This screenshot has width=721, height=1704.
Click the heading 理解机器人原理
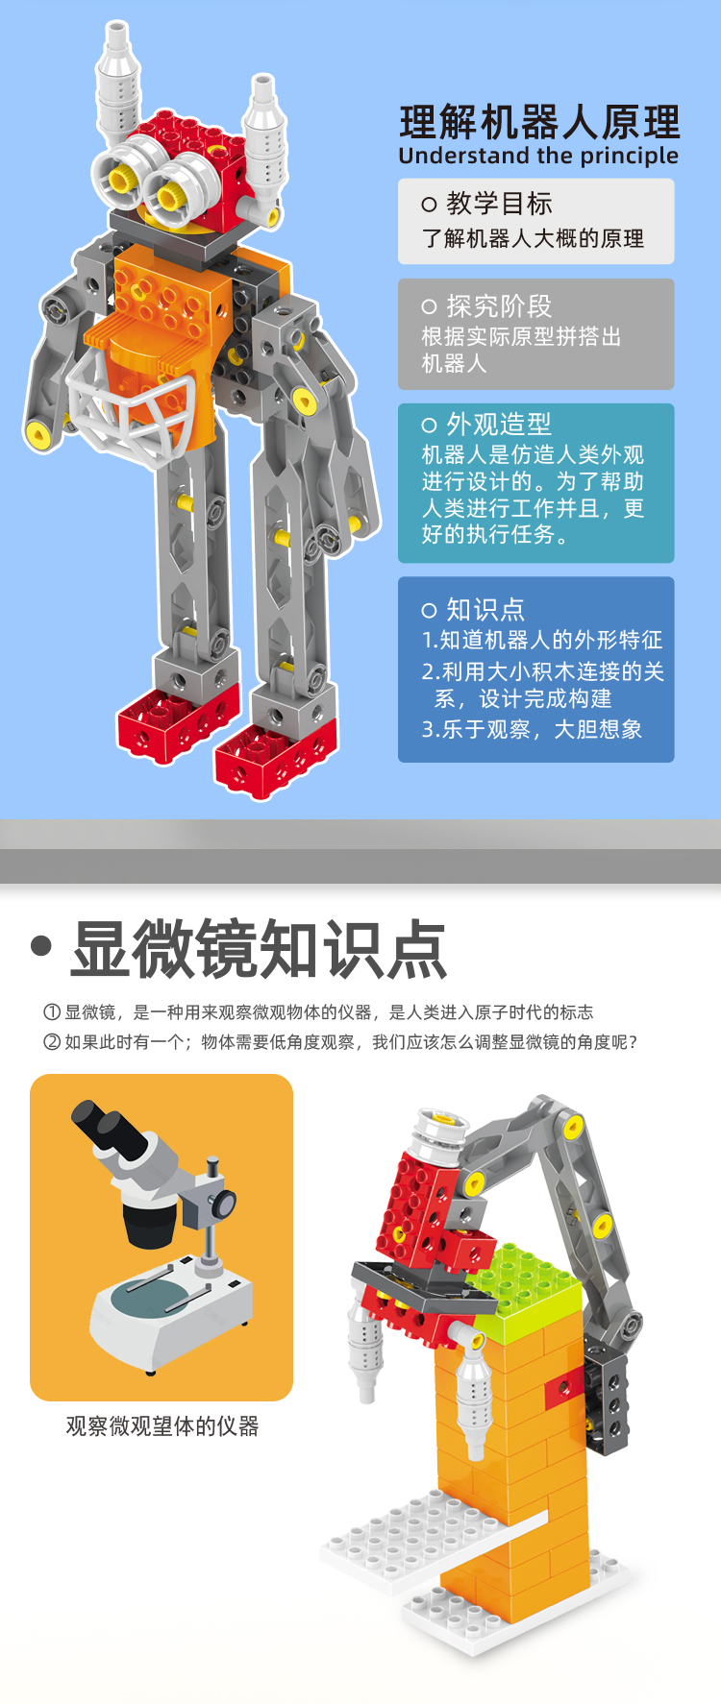(x=539, y=123)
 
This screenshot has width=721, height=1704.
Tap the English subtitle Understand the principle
(x=538, y=156)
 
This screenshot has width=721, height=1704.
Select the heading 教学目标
(x=499, y=204)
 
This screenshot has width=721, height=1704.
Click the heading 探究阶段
(x=499, y=306)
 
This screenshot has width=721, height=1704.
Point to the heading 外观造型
(x=499, y=424)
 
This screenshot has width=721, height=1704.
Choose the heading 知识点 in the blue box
(x=485, y=610)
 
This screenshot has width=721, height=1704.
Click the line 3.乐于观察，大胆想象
(x=532, y=730)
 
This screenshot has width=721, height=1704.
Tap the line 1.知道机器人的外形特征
(x=542, y=640)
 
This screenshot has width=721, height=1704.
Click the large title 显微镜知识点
(x=259, y=949)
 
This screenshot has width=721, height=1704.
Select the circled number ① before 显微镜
(x=52, y=1012)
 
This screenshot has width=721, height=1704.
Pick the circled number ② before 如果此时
(x=52, y=1042)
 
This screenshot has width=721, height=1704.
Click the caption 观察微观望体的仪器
(x=162, y=1426)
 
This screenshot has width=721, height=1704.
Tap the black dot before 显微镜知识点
(x=40, y=946)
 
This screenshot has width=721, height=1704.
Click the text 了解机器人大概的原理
(x=533, y=238)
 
